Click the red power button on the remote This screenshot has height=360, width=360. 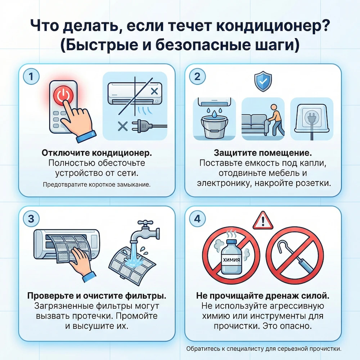click(x=63, y=95)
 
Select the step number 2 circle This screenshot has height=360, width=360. click(x=197, y=77)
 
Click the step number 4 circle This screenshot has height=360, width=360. click(x=197, y=219)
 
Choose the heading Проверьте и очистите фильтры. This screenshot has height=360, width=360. click(x=96, y=296)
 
